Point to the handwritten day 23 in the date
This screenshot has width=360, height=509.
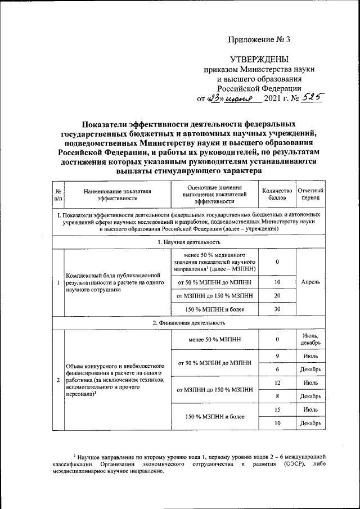(x=215, y=98)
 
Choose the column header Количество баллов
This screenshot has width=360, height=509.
(x=277, y=194)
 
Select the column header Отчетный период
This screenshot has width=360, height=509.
(x=310, y=194)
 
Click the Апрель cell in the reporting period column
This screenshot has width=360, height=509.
(x=310, y=282)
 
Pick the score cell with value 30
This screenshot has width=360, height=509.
(x=277, y=309)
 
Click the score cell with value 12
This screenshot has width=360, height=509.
(x=277, y=382)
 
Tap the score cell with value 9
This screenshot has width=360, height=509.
(x=277, y=355)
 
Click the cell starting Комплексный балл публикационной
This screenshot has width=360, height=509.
(x=115, y=282)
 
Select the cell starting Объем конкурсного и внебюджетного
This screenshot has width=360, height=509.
(x=115, y=380)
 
